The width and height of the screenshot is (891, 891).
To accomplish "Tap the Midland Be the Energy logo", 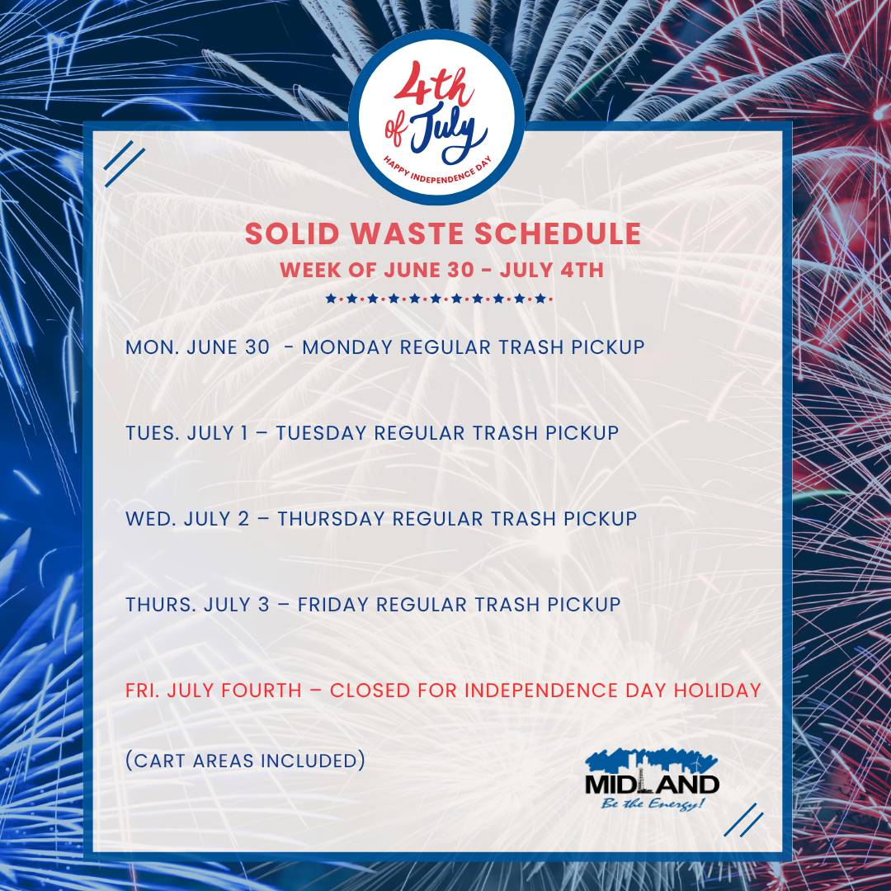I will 652,780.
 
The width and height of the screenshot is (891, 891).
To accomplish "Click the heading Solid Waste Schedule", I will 443,234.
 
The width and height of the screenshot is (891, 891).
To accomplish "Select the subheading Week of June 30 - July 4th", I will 441,270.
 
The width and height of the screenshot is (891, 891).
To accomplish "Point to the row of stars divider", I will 440,299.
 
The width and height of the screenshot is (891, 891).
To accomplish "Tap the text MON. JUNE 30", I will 197,347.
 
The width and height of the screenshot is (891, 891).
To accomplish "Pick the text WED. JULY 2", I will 187,519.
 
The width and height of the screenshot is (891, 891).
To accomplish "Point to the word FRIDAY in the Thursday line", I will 333,605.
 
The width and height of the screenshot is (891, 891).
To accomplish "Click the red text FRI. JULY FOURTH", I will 214,691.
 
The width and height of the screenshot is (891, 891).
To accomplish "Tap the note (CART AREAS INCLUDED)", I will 245,760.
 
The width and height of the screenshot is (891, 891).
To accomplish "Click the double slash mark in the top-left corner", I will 125,164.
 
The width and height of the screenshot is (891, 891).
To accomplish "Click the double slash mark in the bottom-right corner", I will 748,820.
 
